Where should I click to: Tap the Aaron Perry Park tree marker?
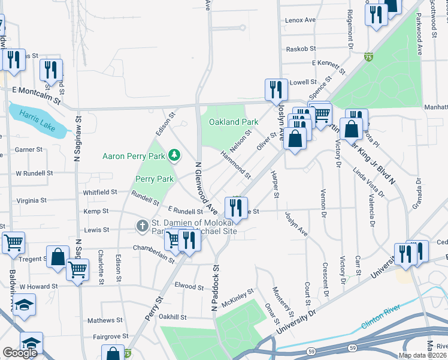(x=174, y=156)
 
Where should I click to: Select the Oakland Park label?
(x=234, y=122)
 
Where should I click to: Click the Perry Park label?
(x=155, y=179)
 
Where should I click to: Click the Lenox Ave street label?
(x=300, y=20)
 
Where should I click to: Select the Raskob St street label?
(x=301, y=49)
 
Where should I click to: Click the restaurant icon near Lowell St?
(x=275, y=89)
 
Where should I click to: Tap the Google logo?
(x=20, y=353)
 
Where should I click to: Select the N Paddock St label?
(x=213, y=289)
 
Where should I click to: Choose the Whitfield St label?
(x=100, y=192)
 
